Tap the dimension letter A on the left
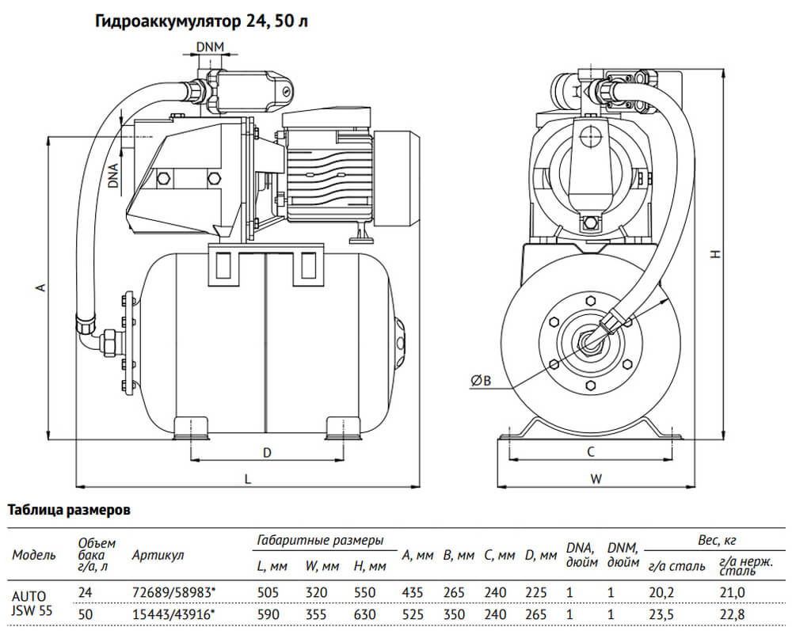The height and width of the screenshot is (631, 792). click(x=40, y=288)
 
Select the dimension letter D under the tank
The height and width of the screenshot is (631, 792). click(x=268, y=453)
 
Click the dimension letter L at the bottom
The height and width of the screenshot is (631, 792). click(x=248, y=479)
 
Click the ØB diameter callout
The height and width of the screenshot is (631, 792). click(x=482, y=382)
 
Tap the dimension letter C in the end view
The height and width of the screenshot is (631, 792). click(x=590, y=452)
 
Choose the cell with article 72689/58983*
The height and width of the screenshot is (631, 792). click(x=172, y=591)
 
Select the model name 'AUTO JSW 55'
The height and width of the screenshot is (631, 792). click(x=29, y=602)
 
